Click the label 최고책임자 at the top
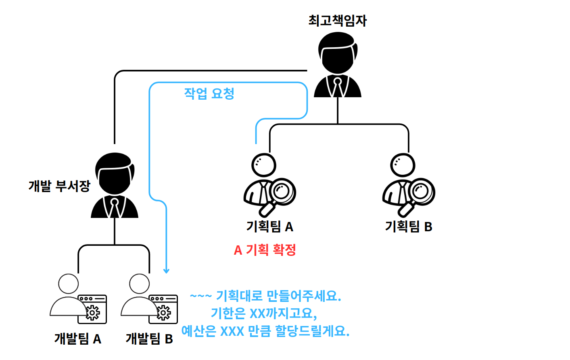[337, 20]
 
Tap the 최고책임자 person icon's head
[338, 54]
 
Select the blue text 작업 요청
[209, 94]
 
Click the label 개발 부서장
[59, 186]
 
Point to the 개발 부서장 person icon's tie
[115, 208]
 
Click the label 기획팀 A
[269, 226]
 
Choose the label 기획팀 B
[408, 226]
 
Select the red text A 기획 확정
[265, 250]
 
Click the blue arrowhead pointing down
[166, 271]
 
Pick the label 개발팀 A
[77, 338]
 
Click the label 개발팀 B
[149, 338]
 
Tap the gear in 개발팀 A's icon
[93, 313]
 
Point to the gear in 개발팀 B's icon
[164, 313]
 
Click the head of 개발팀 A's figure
[69, 284]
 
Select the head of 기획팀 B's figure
[403, 165]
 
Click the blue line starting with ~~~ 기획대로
[265, 296]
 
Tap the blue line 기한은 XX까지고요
[264, 314]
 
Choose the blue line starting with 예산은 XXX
[265, 331]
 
